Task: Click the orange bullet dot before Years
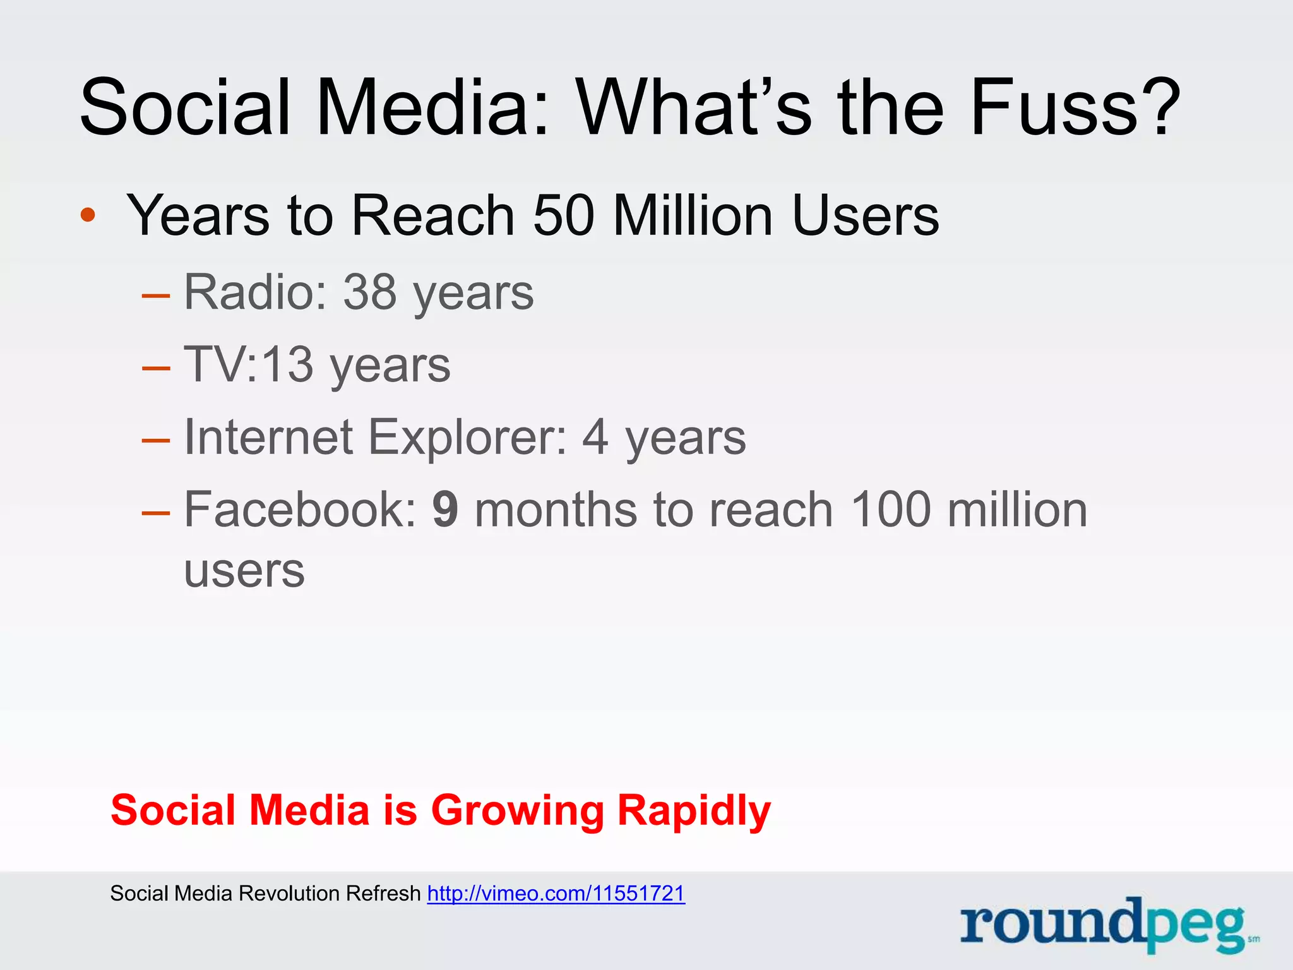[x=88, y=215]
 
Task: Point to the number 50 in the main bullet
[x=564, y=215]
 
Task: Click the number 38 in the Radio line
[x=370, y=292]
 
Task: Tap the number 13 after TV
[x=287, y=364]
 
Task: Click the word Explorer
[x=467, y=438]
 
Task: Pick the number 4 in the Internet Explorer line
[x=595, y=437]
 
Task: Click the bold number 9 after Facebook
[x=445, y=510]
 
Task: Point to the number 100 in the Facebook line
[x=891, y=510]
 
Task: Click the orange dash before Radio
[x=156, y=295]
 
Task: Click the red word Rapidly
[x=694, y=811]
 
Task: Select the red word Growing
[x=518, y=811]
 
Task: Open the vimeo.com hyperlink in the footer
[x=556, y=894]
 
